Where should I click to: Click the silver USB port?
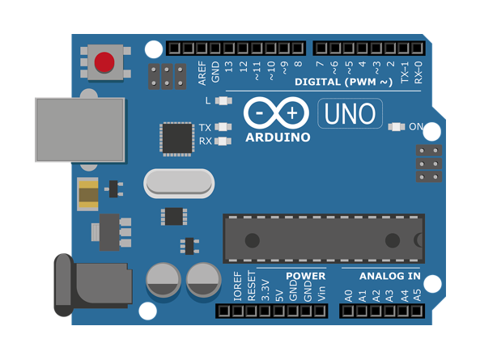(80, 129)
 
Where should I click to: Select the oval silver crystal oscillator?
(179, 184)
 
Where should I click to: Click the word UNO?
(350, 113)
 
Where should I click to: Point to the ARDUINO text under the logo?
(278, 138)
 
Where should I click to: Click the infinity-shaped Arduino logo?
(276, 113)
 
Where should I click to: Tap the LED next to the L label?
(223, 100)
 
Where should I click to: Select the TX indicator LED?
(223, 127)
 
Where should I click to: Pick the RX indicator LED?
(223, 141)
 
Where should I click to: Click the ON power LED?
(397, 127)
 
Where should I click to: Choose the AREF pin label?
(202, 73)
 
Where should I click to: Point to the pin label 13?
(229, 66)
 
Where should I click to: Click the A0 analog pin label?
(349, 296)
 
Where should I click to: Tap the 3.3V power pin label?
(265, 290)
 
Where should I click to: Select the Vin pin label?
(321, 294)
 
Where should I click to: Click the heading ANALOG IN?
(389, 276)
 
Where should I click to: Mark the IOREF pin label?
(237, 286)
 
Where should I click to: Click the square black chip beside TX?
(177, 139)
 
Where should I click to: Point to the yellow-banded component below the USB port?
(88, 194)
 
